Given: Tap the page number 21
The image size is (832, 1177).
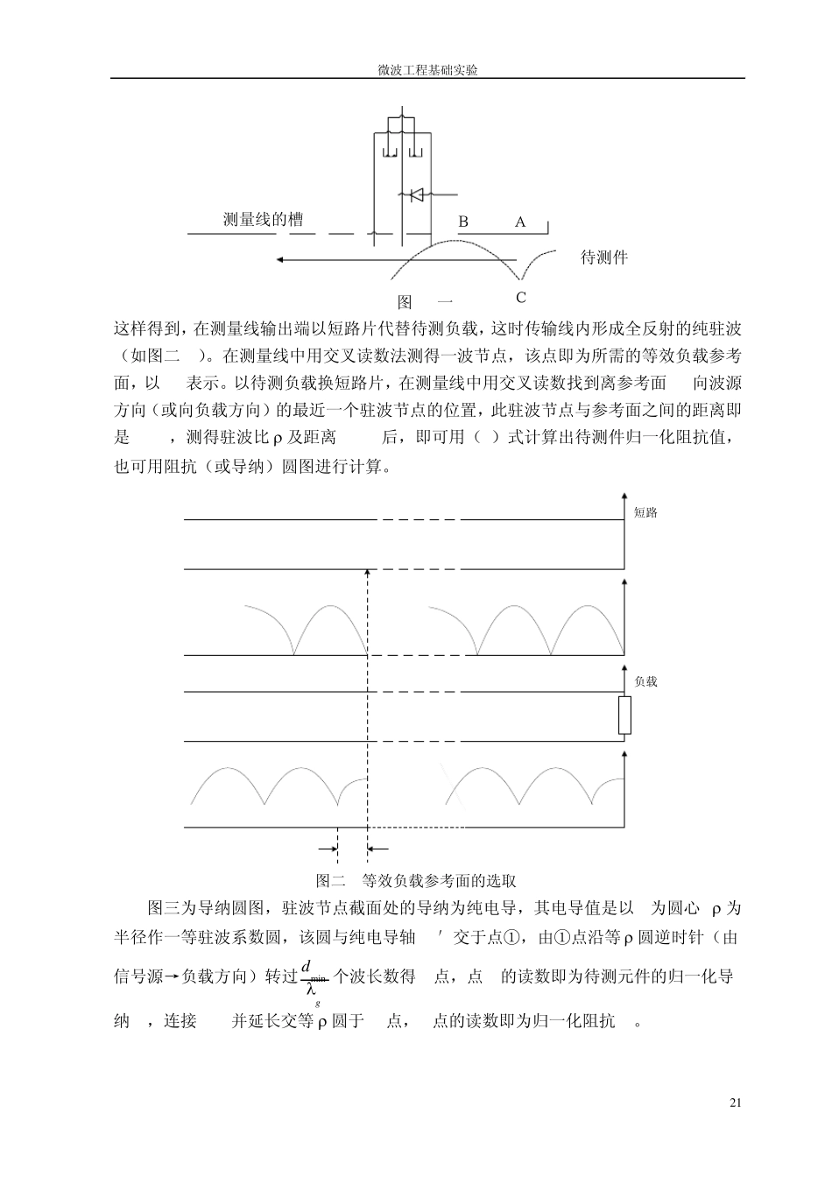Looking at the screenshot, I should click(735, 1102).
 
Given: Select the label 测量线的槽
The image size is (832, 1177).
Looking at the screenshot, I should click(269, 220).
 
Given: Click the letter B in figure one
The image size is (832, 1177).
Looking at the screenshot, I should click(463, 222).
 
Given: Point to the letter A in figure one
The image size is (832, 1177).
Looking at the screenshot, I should click(519, 222).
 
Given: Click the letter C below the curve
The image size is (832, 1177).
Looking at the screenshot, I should click(520, 298).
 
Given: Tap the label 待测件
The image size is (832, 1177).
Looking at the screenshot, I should click(604, 257).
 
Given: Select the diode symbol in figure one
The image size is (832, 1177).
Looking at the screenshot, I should click(413, 194).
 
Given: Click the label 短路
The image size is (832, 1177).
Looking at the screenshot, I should click(645, 513).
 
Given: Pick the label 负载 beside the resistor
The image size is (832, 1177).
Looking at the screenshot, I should click(645, 681).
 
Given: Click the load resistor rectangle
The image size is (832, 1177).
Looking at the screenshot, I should click(624, 715).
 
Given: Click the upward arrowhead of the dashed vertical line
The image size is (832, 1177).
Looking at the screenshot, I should click(367, 571).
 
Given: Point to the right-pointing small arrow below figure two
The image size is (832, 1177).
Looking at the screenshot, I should click(333, 849).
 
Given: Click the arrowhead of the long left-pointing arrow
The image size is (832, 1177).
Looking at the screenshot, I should click(279, 259).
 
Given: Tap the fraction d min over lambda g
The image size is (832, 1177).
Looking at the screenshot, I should click(313, 977).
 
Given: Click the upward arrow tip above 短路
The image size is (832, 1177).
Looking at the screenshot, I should click(624, 497).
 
